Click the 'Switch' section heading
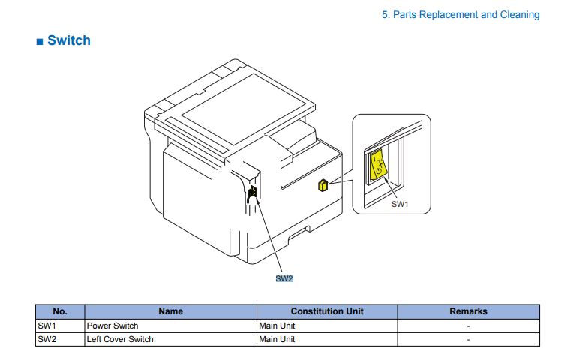(68, 40)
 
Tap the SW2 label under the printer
(284, 278)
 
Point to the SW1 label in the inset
(401, 204)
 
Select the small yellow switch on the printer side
(323, 185)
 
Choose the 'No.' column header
(60, 311)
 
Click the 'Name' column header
(170, 311)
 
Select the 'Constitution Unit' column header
(326, 311)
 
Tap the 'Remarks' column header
(468, 311)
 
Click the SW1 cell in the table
(47, 325)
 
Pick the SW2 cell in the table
(47, 339)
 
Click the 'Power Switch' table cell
(113, 325)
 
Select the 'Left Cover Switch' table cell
(120, 339)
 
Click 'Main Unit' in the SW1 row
(277, 325)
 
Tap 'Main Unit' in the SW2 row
(277, 339)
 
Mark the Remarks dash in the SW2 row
(468, 339)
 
